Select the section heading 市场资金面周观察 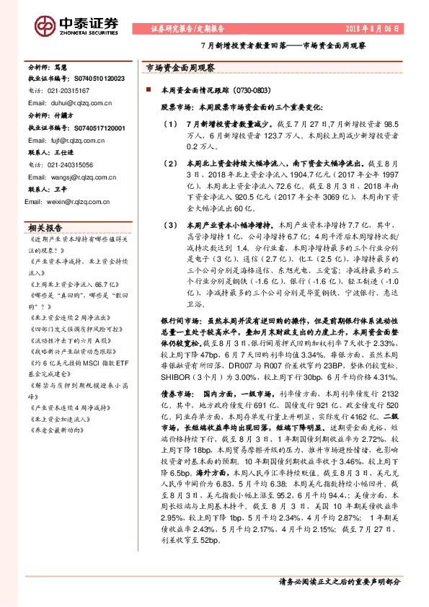pyautogui.click(x=176, y=66)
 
